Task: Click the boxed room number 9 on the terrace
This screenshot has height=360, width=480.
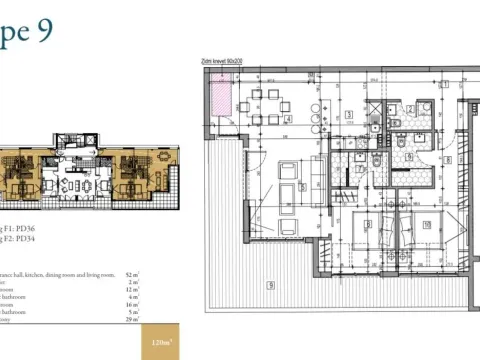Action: (270, 285)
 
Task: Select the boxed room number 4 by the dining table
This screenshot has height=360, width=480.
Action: (287, 119)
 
